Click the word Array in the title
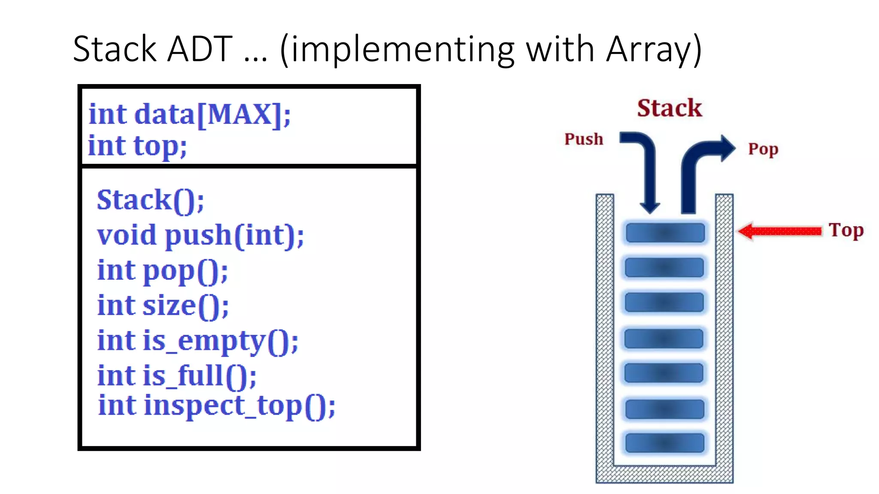point(648,49)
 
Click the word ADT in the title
point(200,49)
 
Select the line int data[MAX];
point(189,114)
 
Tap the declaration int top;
point(137,146)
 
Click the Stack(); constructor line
point(150,200)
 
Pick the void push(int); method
point(200,235)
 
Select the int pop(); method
point(162,271)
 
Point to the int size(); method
point(163,306)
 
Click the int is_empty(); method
point(197,341)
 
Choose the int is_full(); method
point(176,376)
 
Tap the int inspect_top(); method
point(216,406)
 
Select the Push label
point(583,139)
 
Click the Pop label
point(763,149)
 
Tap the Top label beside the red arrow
point(846,230)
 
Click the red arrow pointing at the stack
point(779,231)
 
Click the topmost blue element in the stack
point(665,233)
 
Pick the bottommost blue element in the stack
point(665,443)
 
